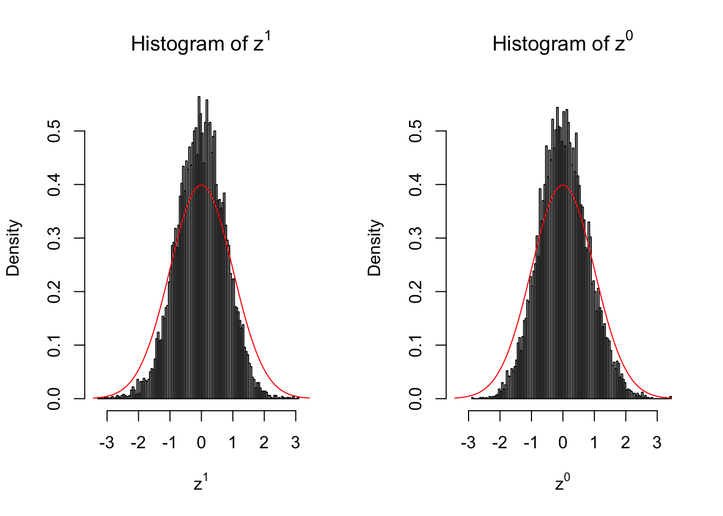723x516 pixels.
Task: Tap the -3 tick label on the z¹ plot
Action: pyautogui.click(x=107, y=443)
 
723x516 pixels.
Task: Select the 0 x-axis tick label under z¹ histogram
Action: pyautogui.click(x=201, y=443)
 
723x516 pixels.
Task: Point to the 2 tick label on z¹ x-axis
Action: pyautogui.click(x=264, y=443)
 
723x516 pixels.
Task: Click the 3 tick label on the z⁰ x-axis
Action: pyautogui.click(x=657, y=443)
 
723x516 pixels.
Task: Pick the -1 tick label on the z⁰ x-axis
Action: pyautogui.click(x=530, y=443)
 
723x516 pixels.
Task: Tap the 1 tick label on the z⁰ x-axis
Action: pyautogui.click(x=594, y=443)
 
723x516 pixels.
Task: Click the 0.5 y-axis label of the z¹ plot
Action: pyautogui.click(x=54, y=131)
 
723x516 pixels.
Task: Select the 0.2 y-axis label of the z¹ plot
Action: pyautogui.click(x=54, y=291)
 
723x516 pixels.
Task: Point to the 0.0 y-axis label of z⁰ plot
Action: pyautogui.click(x=416, y=398)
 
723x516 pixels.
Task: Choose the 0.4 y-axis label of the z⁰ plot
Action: pyautogui.click(x=416, y=184)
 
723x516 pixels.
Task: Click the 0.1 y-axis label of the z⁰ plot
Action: pyautogui.click(x=416, y=345)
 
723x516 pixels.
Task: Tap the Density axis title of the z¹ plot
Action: pyautogui.click(x=13, y=248)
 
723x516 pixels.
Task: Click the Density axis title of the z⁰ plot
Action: pyautogui.click(x=374, y=248)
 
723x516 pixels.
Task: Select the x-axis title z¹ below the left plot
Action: pyautogui.click(x=201, y=483)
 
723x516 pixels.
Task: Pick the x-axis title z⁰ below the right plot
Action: pyautogui.click(x=562, y=483)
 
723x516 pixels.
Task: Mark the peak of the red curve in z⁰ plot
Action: pyautogui.click(x=563, y=185)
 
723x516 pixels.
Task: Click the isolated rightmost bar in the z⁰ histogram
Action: pyautogui.click(x=670, y=397)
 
